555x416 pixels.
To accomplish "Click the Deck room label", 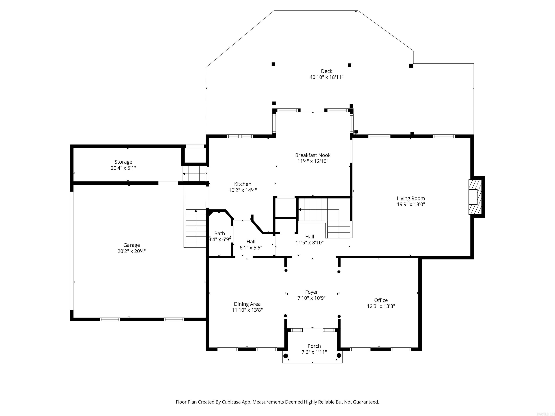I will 326,71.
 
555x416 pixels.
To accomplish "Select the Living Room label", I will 411,198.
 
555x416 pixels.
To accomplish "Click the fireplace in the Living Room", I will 475,197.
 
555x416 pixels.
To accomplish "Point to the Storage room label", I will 123,162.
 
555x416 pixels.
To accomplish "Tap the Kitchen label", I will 243,184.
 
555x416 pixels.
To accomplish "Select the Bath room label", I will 220,233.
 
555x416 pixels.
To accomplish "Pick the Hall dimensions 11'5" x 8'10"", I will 310,243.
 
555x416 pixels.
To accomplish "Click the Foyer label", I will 311,292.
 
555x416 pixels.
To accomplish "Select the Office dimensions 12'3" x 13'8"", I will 381,306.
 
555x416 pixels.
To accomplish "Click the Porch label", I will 314,346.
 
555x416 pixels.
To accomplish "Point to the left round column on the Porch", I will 285,356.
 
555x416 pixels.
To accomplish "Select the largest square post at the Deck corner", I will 411,66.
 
